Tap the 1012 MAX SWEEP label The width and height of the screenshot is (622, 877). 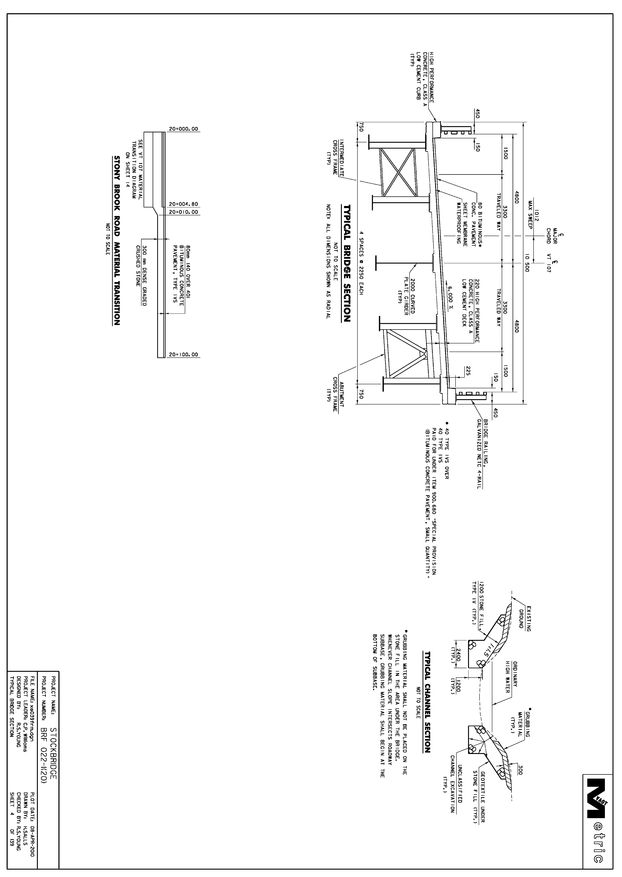pos(534,219)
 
